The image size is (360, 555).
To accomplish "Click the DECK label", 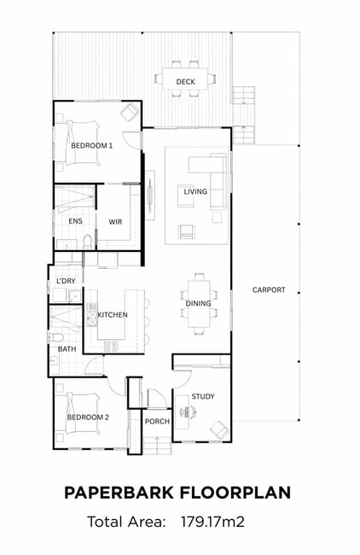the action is coord(185,82).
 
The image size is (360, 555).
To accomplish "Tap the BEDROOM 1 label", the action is coord(91,145).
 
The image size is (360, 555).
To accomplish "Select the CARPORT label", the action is coord(269,290).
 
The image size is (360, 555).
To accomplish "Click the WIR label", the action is coord(115,222).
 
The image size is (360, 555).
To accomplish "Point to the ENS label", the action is coord(75,221).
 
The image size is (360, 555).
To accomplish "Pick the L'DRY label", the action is coord(66,281).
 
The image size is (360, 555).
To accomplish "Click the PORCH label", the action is coord(157,422).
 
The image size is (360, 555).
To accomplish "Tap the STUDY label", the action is coord(203,396).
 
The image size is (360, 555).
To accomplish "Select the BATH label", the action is coord(67,349).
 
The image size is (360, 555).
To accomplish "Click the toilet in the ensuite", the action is coord(87,242).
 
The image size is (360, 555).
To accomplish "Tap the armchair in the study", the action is coord(219,430).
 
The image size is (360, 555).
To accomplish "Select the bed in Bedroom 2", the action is coord(83,413).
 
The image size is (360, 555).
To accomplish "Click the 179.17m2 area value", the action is coord(212,522).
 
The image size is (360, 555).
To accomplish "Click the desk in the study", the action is coord(182,412).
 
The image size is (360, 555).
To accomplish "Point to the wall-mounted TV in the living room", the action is coord(150,195).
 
